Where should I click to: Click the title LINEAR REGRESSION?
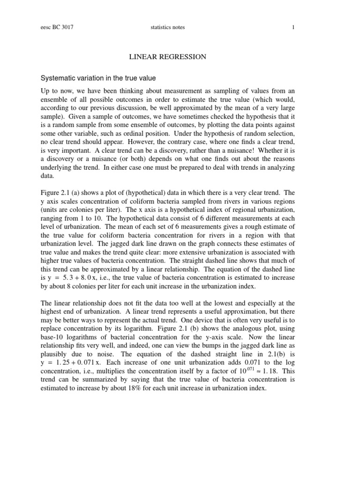pos(167,57)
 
